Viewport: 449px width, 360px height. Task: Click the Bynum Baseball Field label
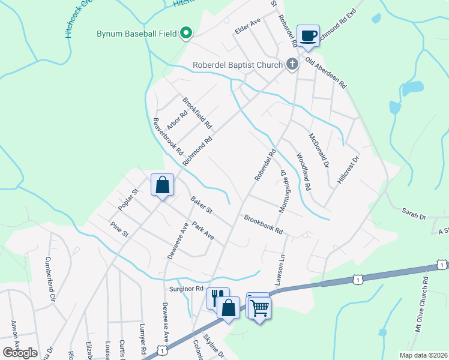(137, 34)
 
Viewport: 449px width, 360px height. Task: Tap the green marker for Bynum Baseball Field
(186, 34)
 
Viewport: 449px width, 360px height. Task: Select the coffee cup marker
(308, 36)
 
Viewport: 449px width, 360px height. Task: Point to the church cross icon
(292, 64)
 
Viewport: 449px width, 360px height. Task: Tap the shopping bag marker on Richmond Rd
(162, 185)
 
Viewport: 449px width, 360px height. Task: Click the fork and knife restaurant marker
(218, 298)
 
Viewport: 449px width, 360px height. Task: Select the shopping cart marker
(259, 308)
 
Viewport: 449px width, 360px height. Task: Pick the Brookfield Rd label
(197, 113)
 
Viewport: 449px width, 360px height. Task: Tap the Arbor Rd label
(177, 119)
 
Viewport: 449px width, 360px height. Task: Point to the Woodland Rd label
(303, 172)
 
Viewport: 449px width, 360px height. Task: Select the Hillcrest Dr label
(348, 170)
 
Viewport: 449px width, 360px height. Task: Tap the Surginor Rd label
(184, 289)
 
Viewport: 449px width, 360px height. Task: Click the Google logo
(20, 352)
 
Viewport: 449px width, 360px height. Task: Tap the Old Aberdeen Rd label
(326, 73)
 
